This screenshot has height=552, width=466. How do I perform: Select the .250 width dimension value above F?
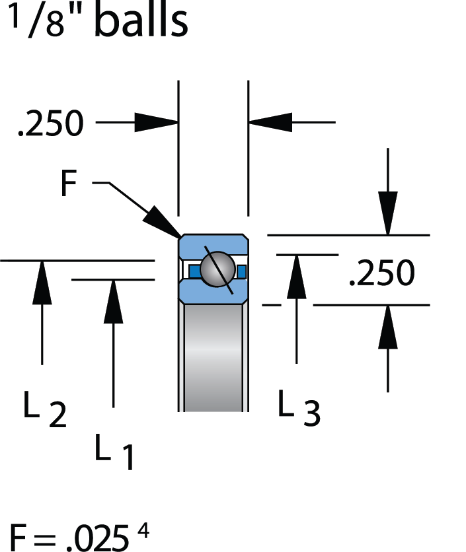tap(51, 123)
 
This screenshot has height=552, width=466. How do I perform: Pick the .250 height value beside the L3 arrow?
tap(382, 272)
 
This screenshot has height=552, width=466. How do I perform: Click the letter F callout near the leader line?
tap(69, 184)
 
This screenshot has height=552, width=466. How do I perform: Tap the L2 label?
tap(45, 411)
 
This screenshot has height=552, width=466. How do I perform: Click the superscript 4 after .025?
tap(143, 529)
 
